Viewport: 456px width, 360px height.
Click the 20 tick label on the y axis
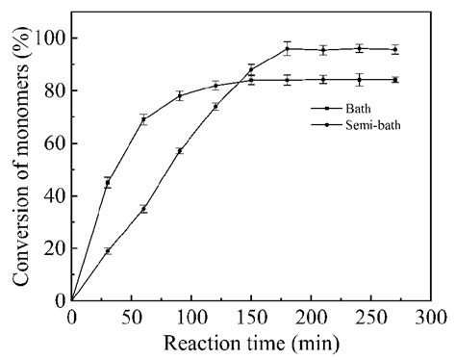tap(54, 247)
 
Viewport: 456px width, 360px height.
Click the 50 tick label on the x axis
tap(131, 316)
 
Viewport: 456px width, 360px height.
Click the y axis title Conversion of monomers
tap(19, 168)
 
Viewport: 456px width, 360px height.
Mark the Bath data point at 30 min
tap(108, 182)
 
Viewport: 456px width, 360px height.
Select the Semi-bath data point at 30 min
tap(108, 250)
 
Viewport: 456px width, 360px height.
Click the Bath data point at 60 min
tap(143, 119)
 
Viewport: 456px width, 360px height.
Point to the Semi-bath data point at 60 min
tap(143, 209)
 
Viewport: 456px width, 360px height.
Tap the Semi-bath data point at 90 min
tap(179, 151)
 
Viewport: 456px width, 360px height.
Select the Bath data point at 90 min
tap(179, 95)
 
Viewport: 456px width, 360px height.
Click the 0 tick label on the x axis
tap(71, 316)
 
